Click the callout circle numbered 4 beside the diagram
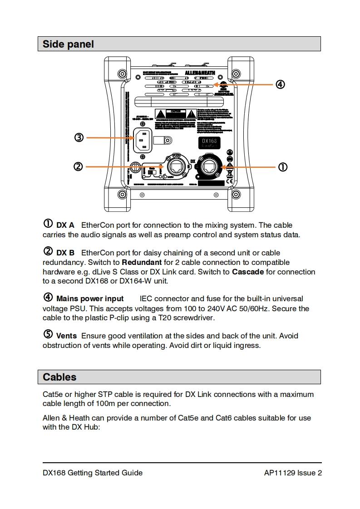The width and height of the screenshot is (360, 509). pos(281,84)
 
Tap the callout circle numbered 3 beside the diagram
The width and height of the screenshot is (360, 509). pos(79,137)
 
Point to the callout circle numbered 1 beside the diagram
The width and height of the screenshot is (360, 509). pos(282,167)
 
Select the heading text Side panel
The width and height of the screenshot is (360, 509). pos(68,44)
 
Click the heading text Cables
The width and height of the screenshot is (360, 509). pos(59,377)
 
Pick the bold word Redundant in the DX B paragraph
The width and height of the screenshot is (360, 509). pos(142,262)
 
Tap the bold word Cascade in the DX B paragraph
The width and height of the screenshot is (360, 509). pos(248,272)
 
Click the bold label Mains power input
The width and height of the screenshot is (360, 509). pos(90,299)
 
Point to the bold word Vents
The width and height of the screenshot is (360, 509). pos(66,336)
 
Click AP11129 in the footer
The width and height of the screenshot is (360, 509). pos(279,473)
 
